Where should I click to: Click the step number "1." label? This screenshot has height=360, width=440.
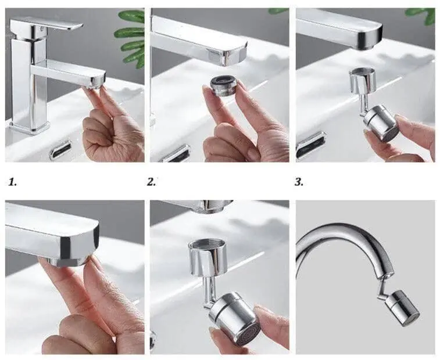click(x=12, y=182)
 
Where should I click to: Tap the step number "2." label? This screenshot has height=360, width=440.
click(x=151, y=182)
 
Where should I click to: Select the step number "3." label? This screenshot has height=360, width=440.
click(x=299, y=182)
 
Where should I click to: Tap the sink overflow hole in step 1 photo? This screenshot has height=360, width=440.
click(x=60, y=150)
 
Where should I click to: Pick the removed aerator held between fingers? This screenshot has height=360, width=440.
click(x=223, y=85)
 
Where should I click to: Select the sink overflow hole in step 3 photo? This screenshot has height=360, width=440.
click(x=311, y=145)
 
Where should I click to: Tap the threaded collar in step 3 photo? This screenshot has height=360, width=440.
click(x=361, y=81)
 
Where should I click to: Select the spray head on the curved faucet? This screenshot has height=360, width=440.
click(x=402, y=308)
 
